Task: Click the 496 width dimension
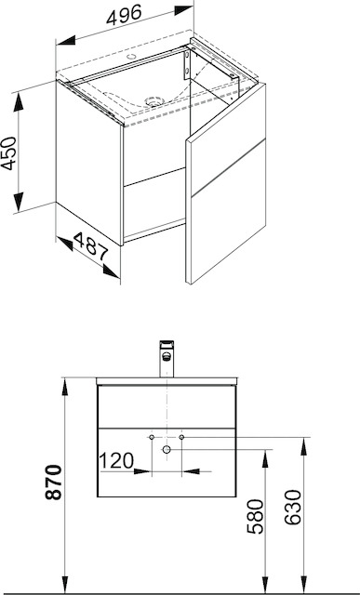pos(124,15)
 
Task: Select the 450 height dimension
pos(8,153)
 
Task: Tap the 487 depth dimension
pos(91,247)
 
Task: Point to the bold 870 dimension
pos(53,482)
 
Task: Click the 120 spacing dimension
pos(116,461)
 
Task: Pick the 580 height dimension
pos(255,517)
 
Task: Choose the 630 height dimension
pos(293,508)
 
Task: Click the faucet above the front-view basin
pos(167,359)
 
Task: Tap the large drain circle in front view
pos(167,450)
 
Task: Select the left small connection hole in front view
pos(152,438)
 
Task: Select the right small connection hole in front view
pos(181,438)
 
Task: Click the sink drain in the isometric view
pos(154,101)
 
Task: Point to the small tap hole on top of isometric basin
pos(132,57)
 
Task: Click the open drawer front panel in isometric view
pos(226,183)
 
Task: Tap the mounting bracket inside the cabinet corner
pos(187,65)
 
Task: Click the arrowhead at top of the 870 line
pos(65,387)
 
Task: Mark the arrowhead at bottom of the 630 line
pos(304,585)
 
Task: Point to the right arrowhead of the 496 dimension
pos(184,10)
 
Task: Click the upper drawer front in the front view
pos(167,406)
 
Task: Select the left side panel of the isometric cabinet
pos(89,164)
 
